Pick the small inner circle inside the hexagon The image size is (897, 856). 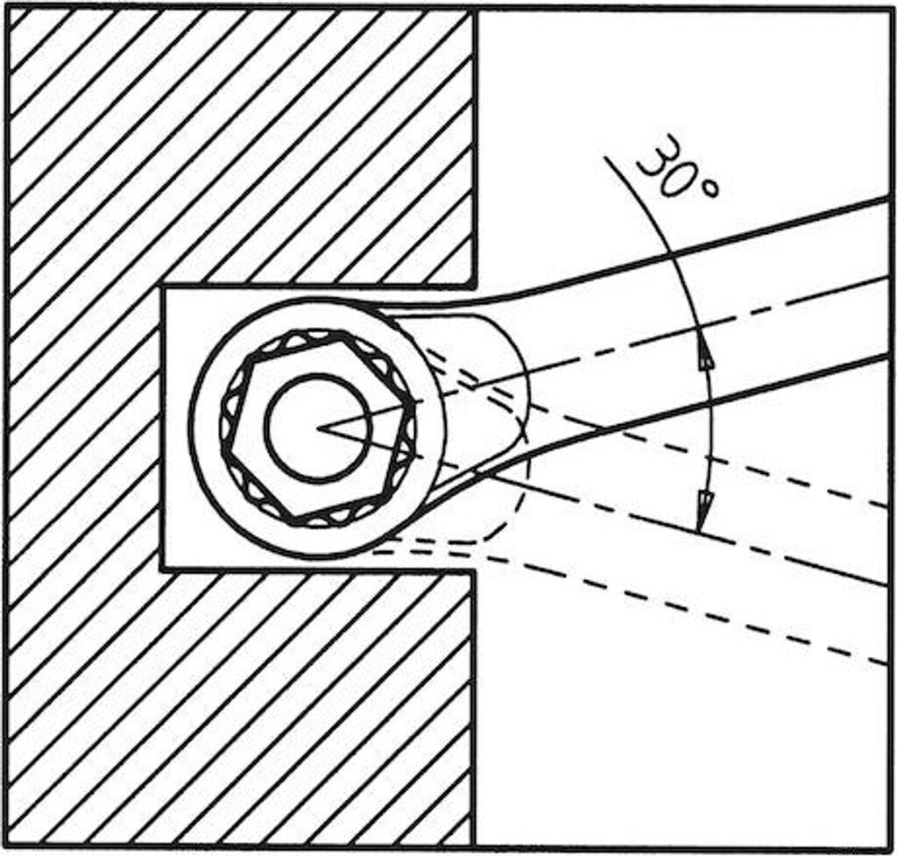pos(318,427)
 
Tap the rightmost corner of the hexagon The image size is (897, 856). pos(413,405)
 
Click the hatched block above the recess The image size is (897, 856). pos(237,140)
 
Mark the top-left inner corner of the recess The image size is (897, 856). pos(161,287)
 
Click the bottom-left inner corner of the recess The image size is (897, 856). pos(162,569)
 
